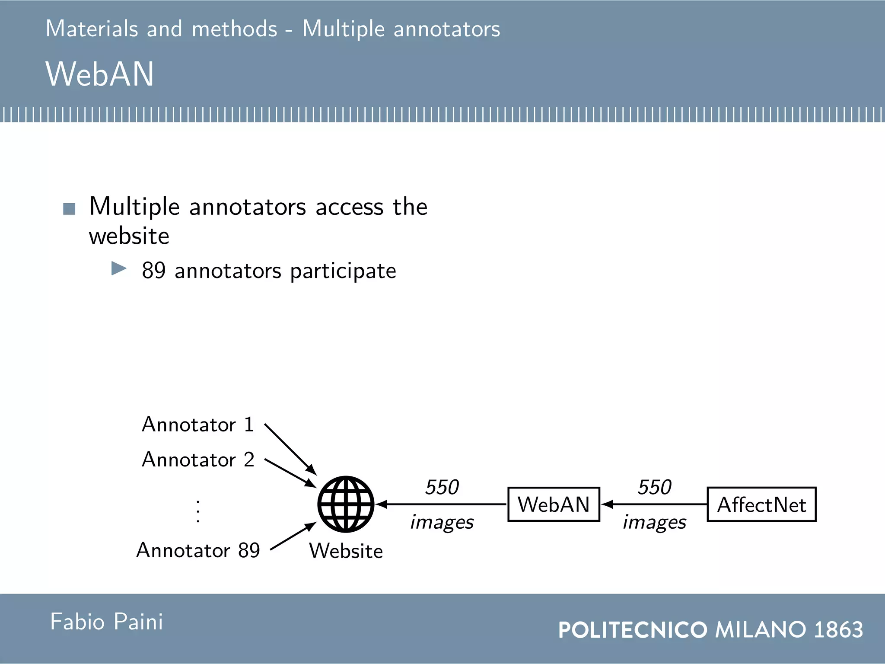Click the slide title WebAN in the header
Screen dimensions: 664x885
(100, 74)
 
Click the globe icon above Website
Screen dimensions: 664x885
(346, 504)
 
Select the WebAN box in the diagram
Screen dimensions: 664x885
(554, 504)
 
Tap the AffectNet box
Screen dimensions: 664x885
(761, 504)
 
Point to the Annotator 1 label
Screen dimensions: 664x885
(197, 425)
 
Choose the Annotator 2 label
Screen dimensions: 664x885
(197, 460)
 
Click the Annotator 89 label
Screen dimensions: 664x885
(198, 550)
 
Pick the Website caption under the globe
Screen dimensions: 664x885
(346, 551)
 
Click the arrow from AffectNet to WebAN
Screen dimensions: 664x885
(654, 504)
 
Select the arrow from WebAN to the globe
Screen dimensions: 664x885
(441, 504)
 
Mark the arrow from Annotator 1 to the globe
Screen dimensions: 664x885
(290, 450)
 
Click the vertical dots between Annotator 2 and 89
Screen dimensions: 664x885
(198, 511)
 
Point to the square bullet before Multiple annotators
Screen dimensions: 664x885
(69, 209)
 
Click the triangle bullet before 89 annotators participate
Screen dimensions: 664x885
(119, 268)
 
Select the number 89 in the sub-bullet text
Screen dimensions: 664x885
(154, 271)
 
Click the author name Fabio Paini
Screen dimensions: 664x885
(106, 622)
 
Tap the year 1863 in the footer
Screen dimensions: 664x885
(838, 629)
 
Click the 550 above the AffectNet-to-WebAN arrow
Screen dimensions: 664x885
(654, 487)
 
